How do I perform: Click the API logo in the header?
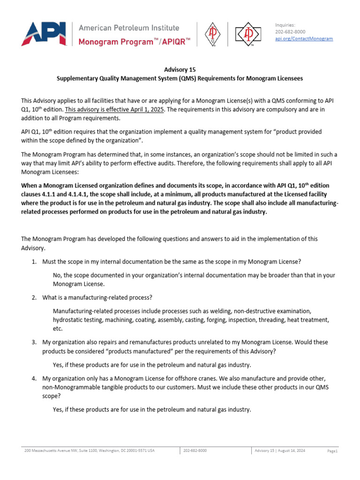(x=43, y=34)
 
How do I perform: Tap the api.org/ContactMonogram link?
(x=304, y=38)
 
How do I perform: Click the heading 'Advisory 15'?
(x=180, y=70)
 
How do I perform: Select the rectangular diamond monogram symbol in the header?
(x=247, y=34)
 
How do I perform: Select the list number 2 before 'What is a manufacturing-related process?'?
(x=34, y=298)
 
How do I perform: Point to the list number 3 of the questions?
(x=34, y=342)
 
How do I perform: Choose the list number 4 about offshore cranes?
(x=34, y=378)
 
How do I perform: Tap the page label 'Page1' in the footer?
(x=332, y=451)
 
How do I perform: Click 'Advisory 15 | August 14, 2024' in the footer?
(x=280, y=450)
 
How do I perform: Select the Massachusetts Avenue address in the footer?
(x=89, y=450)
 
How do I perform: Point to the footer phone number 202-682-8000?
(x=195, y=450)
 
